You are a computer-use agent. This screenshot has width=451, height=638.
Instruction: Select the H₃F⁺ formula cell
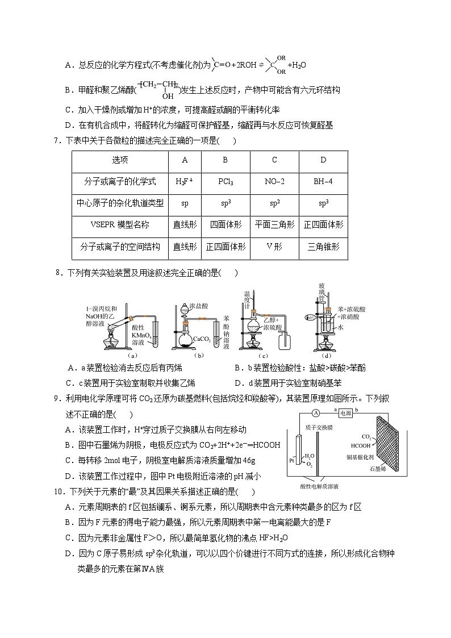point(185,182)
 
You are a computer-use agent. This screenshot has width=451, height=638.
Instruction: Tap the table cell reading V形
point(274,247)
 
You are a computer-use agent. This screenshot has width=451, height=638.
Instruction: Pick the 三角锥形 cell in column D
point(323,247)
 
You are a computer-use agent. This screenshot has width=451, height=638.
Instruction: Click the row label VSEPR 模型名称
point(120,225)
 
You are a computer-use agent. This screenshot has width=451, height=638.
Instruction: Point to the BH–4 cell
point(323,182)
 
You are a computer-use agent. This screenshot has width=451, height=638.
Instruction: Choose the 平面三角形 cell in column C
point(274,225)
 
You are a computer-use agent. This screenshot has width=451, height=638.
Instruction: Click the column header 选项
point(120,160)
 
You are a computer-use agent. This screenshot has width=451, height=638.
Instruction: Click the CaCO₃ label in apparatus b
point(202,339)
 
